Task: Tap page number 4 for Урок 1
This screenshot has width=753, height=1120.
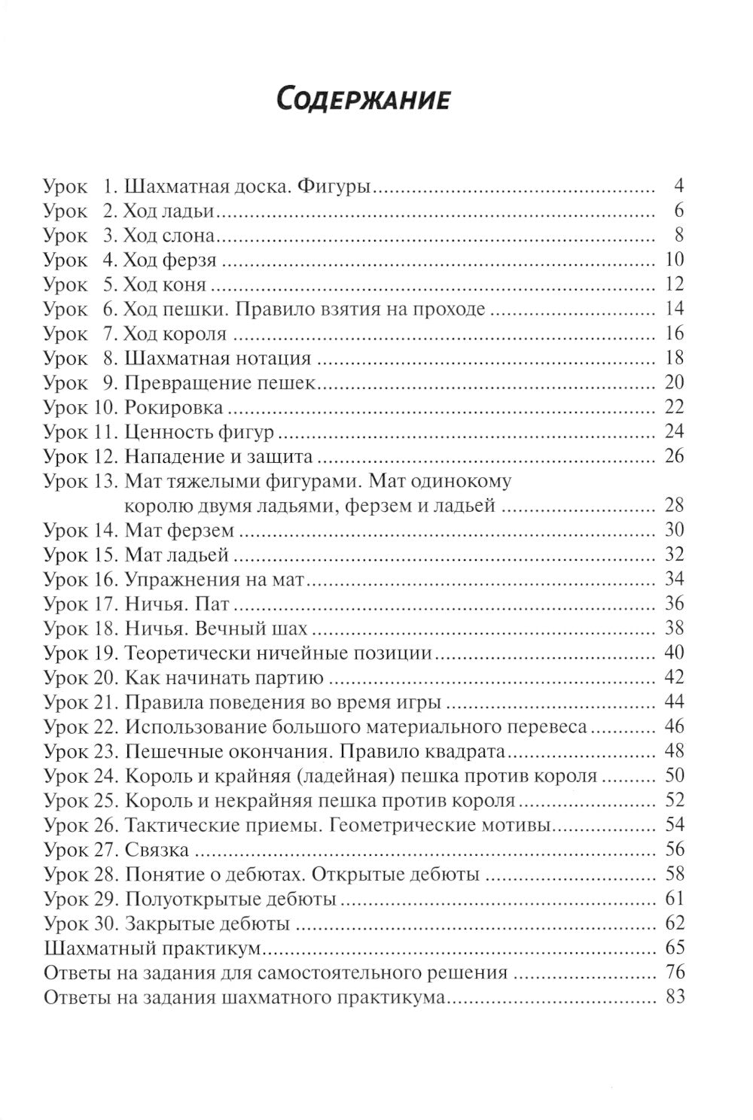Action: [678, 186]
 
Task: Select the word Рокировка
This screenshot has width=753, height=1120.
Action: [174, 408]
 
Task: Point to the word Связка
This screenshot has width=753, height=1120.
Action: [157, 850]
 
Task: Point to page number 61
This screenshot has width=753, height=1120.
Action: [674, 899]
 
